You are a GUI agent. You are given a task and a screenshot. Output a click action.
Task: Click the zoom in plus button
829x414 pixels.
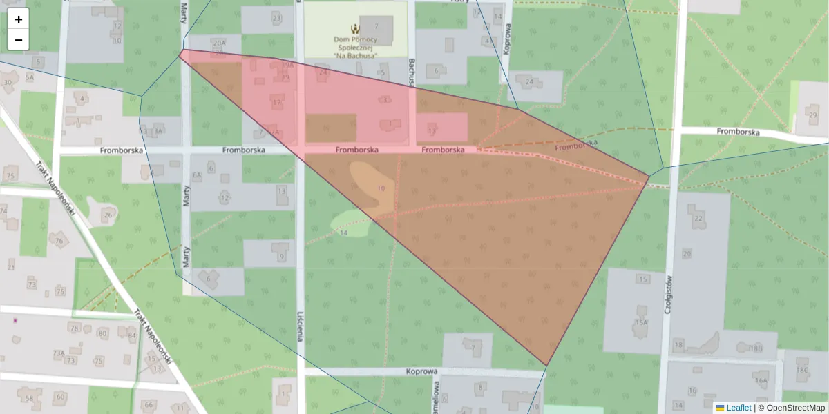[x=19, y=19]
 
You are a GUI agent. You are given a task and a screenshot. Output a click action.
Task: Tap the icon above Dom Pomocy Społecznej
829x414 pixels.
[x=356, y=29]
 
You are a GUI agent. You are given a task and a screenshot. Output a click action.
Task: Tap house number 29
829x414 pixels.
[x=812, y=115]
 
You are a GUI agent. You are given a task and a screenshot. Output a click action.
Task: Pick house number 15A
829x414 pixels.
[x=641, y=322]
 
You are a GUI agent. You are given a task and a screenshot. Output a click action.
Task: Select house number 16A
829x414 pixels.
[x=761, y=380]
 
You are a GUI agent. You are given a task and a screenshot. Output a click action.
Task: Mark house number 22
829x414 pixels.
[x=698, y=218]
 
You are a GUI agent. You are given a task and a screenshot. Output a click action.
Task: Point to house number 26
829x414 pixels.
[x=108, y=215]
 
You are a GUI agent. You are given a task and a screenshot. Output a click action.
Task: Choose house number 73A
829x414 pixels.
[x=59, y=353]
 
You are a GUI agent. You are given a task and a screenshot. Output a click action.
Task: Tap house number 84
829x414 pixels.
[x=131, y=336]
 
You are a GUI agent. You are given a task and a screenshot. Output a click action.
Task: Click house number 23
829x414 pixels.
[x=276, y=18]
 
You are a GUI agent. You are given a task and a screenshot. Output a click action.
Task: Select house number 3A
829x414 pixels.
[x=158, y=130]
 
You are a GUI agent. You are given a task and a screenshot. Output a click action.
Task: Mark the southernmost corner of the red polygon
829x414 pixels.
[x=546, y=366]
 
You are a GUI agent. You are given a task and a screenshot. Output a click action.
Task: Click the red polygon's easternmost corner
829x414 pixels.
[x=649, y=176]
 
